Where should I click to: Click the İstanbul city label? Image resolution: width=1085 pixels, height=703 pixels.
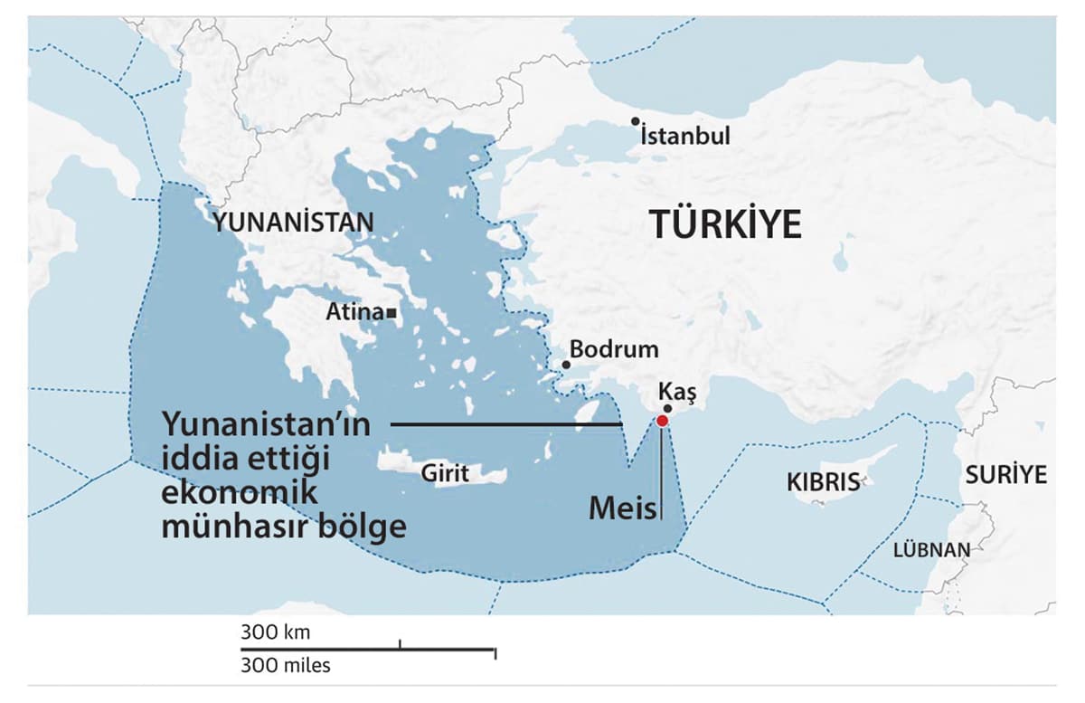click(684, 137)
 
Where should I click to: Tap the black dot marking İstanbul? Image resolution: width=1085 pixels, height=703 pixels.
click(637, 121)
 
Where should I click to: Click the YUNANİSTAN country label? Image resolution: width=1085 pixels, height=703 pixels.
click(293, 223)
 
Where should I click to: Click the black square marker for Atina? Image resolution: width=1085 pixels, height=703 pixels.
click(391, 313)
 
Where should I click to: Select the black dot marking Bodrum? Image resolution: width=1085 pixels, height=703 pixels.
click(566, 365)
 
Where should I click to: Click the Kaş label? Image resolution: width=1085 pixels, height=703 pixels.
click(679, 392)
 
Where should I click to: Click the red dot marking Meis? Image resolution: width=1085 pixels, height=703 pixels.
click(662, 421)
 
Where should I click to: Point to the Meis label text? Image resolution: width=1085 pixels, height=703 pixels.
click(622, 508)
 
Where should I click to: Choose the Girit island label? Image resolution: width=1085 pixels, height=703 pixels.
click(445, 472)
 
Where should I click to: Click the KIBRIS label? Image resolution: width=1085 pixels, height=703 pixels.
click(823, 481)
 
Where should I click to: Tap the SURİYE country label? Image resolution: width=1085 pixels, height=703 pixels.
click(1005, 474)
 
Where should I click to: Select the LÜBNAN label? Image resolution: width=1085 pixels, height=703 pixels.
click(931, 549)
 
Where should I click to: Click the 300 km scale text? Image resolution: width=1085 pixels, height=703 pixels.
click(275, 632)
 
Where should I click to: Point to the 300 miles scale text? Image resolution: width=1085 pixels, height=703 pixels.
click(286, 667)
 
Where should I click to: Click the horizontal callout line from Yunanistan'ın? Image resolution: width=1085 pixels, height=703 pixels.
click(506, 423)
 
